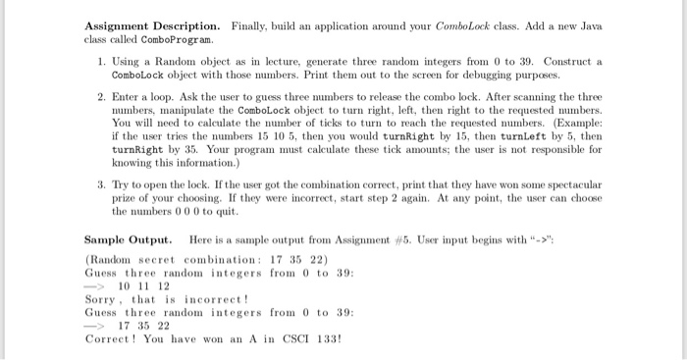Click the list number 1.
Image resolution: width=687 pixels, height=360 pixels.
pyautogui.click(x=103, y=60)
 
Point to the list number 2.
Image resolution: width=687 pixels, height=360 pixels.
pyautogui.click(x=103, y=99)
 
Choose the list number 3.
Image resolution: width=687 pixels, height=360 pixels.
pyautogui.click(x=103, y=184)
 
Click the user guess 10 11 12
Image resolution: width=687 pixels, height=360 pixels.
pyautogui.click(x=143, y=285)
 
